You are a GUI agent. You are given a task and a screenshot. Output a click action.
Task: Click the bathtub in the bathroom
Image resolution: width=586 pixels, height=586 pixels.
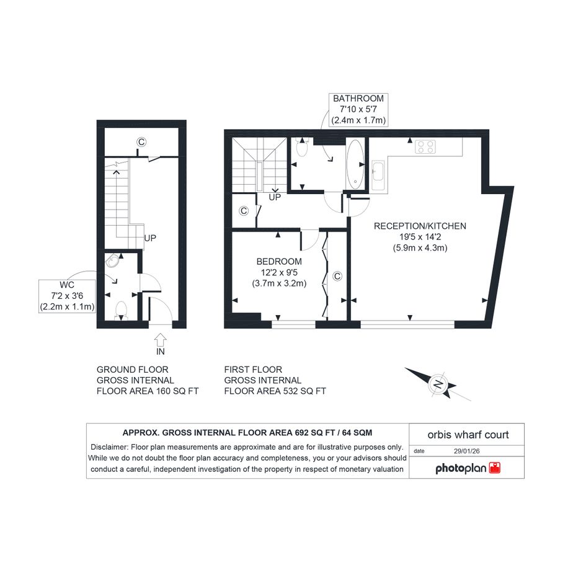pyautogui.click(x=355, y=164)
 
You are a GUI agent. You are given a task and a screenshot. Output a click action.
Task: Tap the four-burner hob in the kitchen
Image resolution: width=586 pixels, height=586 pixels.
pyautogui.click(x=425, y=146)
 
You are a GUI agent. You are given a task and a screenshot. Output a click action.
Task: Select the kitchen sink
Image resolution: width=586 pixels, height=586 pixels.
pyautogui.click(x=378, y=175)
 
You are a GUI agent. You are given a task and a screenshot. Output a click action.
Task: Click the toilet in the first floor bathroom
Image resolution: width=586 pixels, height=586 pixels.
pyautogui.click(x=301, y=147)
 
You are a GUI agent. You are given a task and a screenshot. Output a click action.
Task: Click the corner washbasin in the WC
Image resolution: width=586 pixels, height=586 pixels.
pyautogui.click(x=112, y=260)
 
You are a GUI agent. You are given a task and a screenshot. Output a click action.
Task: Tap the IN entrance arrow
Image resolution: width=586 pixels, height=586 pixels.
pyautogui.click(x=160, y=340)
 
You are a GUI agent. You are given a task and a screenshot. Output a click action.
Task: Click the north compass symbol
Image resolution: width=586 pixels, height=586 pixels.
pyautogui.click(x=438, y=384)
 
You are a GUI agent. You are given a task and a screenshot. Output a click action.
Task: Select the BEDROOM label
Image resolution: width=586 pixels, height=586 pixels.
pyautogui.click(x=279, y=262)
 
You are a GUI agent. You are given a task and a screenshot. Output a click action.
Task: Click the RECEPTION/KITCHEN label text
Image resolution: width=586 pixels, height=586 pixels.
pyautogui.click(x=420, y=226)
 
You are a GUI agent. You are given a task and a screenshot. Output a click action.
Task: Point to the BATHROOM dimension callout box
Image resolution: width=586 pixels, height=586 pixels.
pyautogui.click(x=358, y=110)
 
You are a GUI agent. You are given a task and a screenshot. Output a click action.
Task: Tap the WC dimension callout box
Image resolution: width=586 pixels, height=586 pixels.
pyautogui.click(x=67, y=296)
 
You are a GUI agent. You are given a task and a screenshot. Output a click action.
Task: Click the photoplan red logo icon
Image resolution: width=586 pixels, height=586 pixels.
pyautogui.click(x=494, y=468)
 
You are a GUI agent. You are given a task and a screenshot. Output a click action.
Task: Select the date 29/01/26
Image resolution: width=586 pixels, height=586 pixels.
pyautogui.click(x=467, y=451)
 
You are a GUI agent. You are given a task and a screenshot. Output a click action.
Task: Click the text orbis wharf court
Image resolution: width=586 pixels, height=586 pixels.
pyautogui.click(x=468, y=435)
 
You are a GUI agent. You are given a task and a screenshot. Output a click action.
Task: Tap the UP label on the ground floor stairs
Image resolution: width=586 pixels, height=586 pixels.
pyautogui.click(x=150, y=238)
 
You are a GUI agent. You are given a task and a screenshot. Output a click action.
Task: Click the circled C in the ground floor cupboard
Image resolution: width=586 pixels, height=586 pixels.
pyautogui.click(x=141, y=142)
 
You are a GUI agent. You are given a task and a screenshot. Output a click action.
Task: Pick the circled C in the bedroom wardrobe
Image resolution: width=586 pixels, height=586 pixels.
pyautogui.click(x=337, y=276)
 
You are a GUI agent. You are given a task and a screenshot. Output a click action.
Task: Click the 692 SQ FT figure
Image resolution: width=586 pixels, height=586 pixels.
pyautogui.click(x=315, y=433)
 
